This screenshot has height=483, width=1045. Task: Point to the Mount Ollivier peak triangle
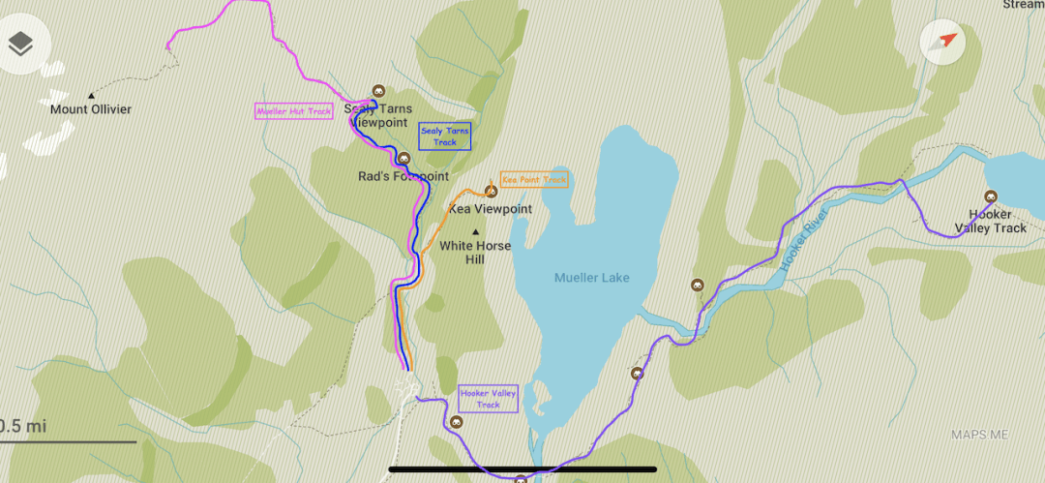[x=91, y=95]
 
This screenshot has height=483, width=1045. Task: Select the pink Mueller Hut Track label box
[x=294, y=111]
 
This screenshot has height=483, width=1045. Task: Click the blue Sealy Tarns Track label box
[x=444, y=136]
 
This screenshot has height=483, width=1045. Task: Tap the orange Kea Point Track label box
[x=534, y=180]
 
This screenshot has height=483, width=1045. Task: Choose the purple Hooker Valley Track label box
[x=489, y=398]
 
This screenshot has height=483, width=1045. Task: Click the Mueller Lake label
[x=591, y=278]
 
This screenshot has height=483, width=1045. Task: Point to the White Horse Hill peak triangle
[x=475, y=231]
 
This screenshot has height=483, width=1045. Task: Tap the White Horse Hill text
[x=475, y=253]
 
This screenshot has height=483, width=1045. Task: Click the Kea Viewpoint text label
[x=491, y=208]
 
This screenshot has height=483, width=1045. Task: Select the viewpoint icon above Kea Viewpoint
[x=491, y=192]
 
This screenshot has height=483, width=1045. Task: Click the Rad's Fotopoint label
[x=403, y=176]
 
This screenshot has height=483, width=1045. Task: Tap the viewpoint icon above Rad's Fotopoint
[x=403, y=159]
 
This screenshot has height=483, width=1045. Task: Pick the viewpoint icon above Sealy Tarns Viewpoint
[x=378, y=90]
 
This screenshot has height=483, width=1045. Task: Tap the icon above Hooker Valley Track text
[x=991, y=196]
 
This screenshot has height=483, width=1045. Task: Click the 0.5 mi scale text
[x=22, y=426]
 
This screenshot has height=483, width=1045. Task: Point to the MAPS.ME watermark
[x=980, y=435]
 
